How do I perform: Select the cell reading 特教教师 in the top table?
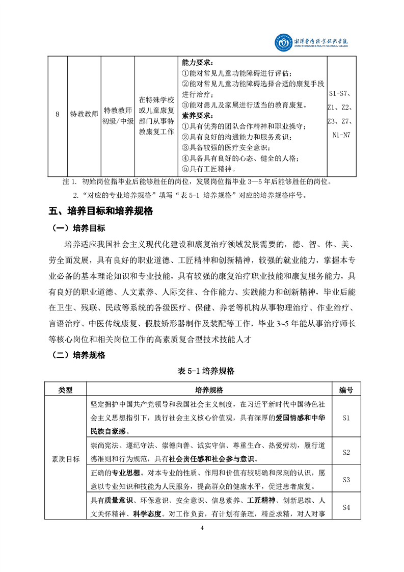click(84, 115)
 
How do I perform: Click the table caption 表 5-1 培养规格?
click(202, 371)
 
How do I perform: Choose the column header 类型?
click(66, 390)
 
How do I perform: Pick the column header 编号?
click(346, 390)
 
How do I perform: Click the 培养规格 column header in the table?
click(209, 390)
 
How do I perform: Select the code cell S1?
click(346, 418)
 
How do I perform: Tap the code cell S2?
click(346, 452)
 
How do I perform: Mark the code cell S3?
click(346, 480)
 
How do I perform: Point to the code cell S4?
click(346, 507)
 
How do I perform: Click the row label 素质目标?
click(66, 459)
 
